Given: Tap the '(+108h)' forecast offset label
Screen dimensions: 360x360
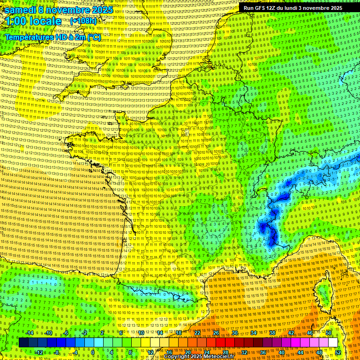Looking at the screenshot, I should coord(83,21).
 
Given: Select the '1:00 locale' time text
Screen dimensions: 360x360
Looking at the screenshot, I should coord(33,21).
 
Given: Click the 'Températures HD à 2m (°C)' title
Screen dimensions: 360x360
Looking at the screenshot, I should coord(52,37).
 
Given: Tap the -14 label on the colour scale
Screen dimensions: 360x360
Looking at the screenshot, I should coord(30,333).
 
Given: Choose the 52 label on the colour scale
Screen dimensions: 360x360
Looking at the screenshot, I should coord(338,352).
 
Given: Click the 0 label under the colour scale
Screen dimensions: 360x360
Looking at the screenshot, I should coord(93,352).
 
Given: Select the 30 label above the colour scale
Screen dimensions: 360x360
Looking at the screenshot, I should coord(234,333).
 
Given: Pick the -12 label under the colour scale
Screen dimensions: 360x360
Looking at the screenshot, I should coord(39,352).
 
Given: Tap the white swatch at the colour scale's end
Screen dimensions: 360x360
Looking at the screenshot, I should coord(333,343).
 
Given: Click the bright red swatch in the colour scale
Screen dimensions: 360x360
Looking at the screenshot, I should coord(220,343).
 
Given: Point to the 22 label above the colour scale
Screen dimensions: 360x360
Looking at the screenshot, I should coord(197,333).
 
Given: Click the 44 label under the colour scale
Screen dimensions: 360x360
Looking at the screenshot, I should coord(300,352).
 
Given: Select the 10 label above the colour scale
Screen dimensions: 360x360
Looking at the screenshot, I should coord(141,333).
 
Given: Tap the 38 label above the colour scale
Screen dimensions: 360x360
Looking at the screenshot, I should coord(272,333).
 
